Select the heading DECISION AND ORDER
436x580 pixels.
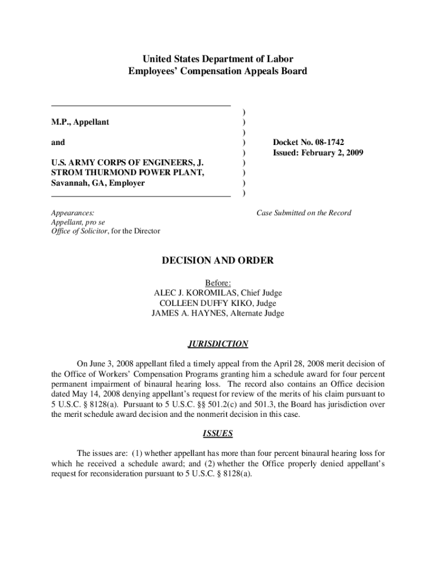218,261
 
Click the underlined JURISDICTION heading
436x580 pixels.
218,344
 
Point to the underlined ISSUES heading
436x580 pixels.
218,434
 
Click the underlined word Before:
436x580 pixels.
218,283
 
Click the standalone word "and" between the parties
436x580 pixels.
58,143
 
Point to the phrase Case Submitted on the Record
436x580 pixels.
304,213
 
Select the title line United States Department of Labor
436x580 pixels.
218,59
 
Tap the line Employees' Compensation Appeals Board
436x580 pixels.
218,71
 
